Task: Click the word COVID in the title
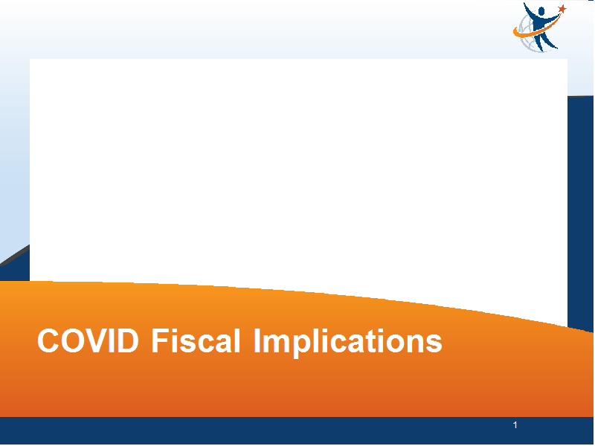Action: (88, 340)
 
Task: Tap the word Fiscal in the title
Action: (196, 340)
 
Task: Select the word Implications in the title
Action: (347, 343)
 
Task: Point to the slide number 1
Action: (515, 425)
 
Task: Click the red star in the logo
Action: (562, 9)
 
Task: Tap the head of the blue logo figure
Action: (541, 11)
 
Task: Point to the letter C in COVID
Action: (48, 340)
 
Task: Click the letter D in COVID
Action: (127, 340)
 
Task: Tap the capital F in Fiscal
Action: (160, 340)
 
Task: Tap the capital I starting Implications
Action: (257, 340)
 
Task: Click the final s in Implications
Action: (434, 344)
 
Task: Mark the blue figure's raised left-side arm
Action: (529, 10)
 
